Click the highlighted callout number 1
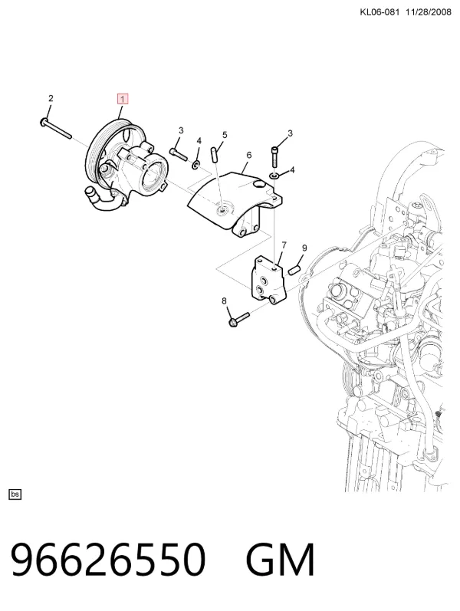point(123,100)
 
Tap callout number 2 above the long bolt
point(51,99)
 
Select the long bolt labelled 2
point(56,129)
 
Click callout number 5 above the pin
point(225,135)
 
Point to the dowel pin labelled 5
point(214,153)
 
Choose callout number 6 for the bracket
point(249,155)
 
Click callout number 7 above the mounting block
point(284,245)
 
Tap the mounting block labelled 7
point(269,281)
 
